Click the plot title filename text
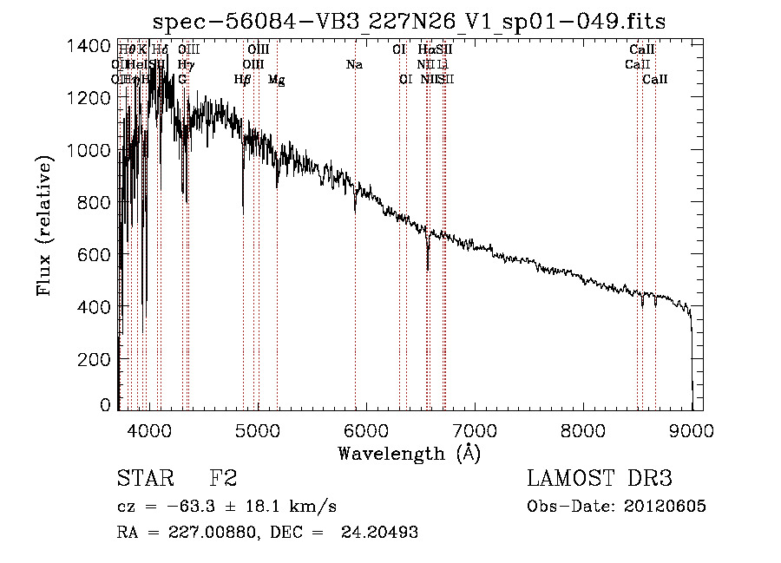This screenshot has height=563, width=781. [409, 22]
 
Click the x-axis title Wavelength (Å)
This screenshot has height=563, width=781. [409, 453]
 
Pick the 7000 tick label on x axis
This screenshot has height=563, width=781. [475, 429]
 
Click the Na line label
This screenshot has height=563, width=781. [354, 65]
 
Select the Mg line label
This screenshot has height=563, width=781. [276, 80]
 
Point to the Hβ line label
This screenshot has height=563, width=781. [242, 80]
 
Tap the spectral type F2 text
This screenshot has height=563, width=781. [223, 479]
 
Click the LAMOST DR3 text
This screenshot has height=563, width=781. [599, 479]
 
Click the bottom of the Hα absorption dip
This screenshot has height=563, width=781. [428, 269]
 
